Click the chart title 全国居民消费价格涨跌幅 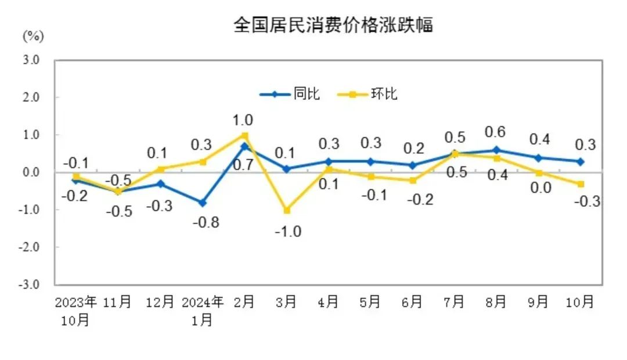(x=333, y=25)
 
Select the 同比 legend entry (x=307, y=93)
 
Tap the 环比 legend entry (x=384, y=93)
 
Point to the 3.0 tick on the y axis (x=31, y=60)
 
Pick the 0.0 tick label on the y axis (x=31, y=172)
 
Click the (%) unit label (x=33, y=36)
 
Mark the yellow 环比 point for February (x=244, y=135)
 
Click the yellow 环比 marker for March (x=287, y=210)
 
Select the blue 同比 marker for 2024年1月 (x=202, y=203)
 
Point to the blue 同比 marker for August (x=496, y=150)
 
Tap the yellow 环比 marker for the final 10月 (x=581, y=184)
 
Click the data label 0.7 (x=243, y=165)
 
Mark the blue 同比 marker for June (x=412, y=165)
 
